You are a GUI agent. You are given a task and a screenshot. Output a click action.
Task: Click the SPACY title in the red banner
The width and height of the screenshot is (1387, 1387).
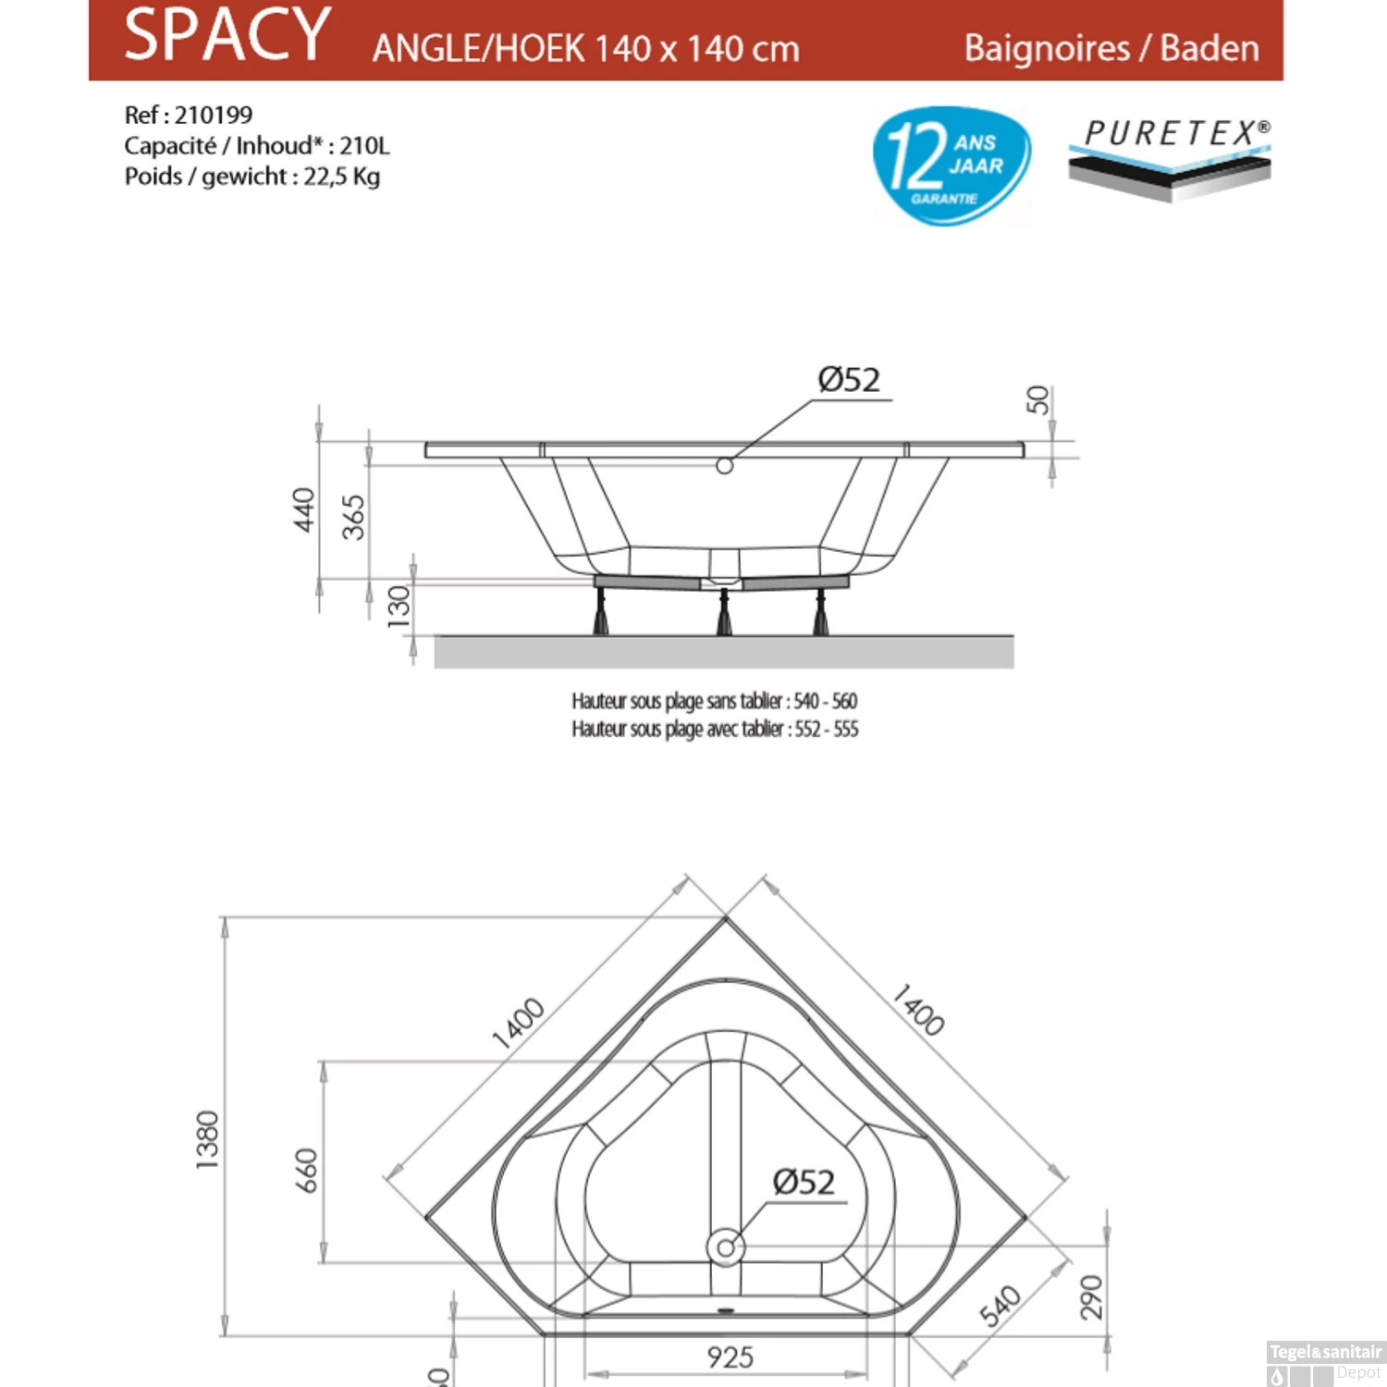(x=227, y=35)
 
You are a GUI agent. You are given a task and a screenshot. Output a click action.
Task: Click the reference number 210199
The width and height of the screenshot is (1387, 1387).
(x=214, y=115)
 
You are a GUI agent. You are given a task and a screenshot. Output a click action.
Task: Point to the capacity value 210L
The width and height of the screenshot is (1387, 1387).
(x=364, y=146)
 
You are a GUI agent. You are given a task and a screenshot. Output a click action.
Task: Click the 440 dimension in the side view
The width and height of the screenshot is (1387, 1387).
(x=303, y=509)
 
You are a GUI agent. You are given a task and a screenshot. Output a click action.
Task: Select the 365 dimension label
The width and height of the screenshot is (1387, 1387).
(x=353, y=517)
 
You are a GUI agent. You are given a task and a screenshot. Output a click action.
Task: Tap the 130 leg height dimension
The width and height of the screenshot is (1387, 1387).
(x=399, y=607)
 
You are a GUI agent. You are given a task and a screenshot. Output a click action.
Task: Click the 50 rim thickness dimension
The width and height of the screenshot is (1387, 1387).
(x=1038, y=399)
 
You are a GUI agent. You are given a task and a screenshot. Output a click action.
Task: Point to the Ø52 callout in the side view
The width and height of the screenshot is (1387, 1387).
(x=849, y=380)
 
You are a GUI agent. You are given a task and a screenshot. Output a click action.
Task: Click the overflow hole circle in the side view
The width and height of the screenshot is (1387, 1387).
(x=725, y=466)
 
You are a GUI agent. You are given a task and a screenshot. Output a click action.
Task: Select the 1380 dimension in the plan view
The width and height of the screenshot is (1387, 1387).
(x=208, y=1139)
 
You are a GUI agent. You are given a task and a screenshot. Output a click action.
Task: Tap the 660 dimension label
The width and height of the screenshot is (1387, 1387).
(x=306, y=1170)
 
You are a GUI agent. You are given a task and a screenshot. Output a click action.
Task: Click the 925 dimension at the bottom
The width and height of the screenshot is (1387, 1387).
(x=730, y=1356)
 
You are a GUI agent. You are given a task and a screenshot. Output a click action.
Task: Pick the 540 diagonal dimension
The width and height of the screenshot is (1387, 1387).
(x=1000, y=1306)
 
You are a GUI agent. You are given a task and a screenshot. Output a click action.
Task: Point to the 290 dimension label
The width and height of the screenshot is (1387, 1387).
(x=1092, y=1296)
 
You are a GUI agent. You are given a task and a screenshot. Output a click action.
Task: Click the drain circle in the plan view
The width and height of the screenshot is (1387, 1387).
(x=726, y=1247)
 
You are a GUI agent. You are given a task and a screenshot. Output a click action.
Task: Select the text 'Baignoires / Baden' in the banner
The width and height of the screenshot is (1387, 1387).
(x=1111, y=48)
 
